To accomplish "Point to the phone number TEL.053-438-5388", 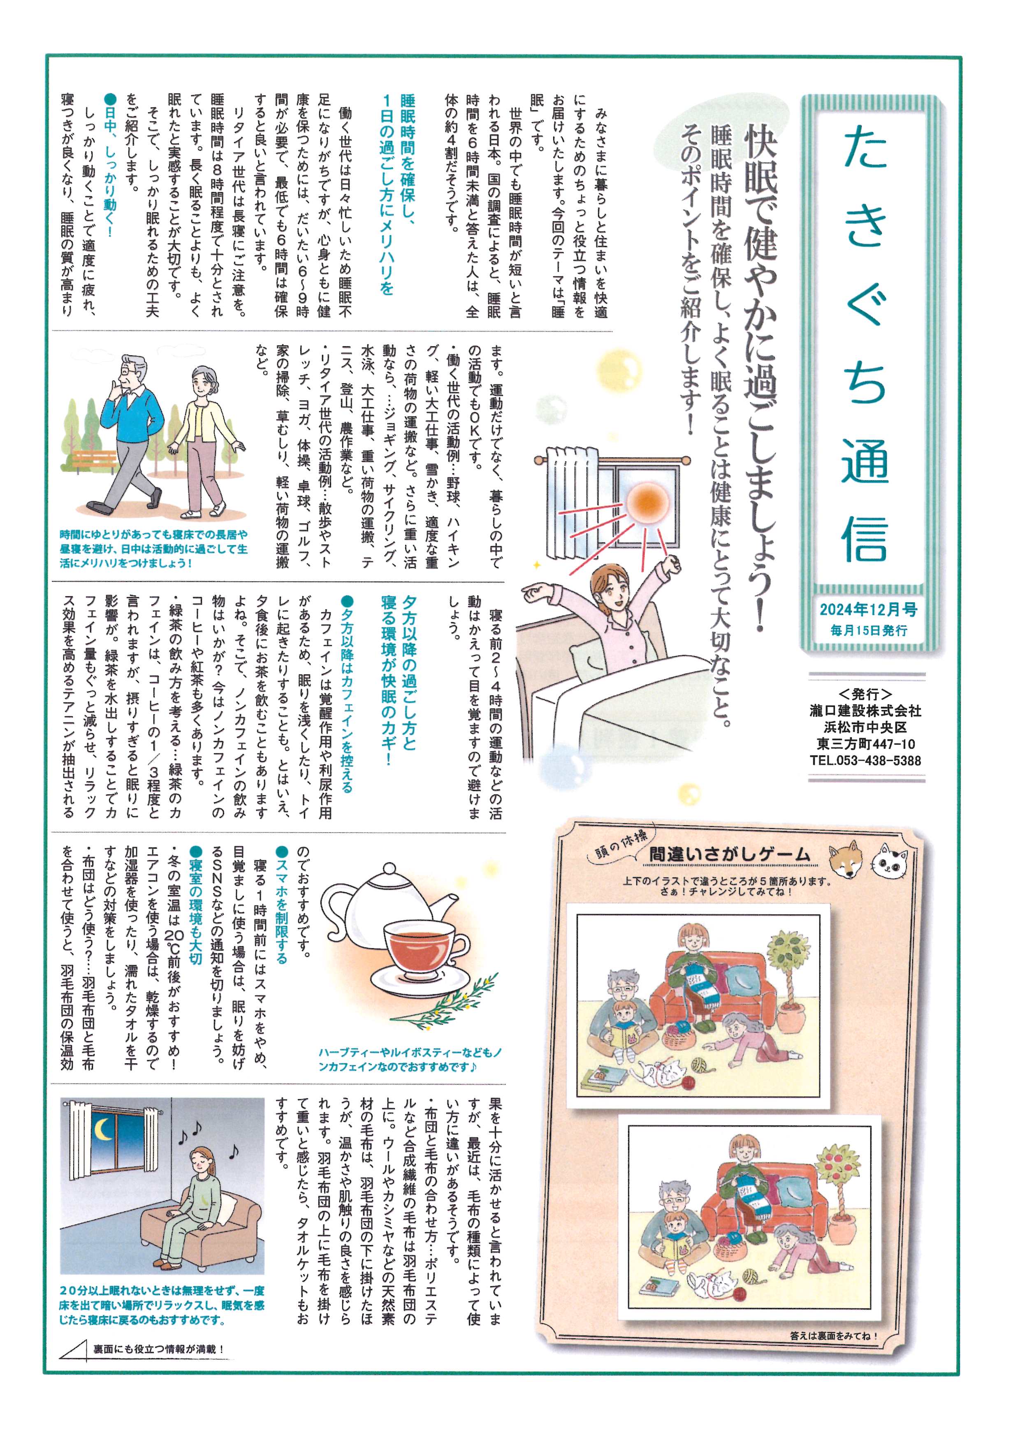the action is (x=865, y=761).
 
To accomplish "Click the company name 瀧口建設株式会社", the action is (x=865, y=711).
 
